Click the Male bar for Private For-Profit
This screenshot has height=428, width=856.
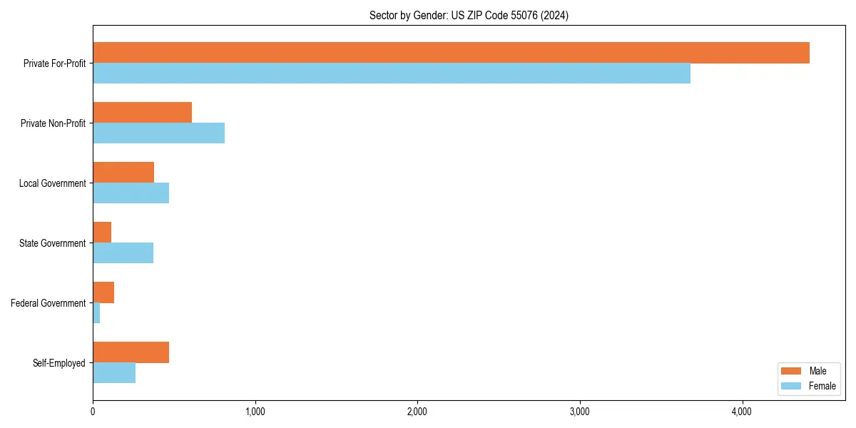pyautogui.click(x=451, y=53)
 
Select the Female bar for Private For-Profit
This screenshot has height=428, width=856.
pyautogui.click(x=392, y=73)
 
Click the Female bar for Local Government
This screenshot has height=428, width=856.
pyautogui.click(x=131, y=193)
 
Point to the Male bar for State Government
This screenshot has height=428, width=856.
pyautogui.click(x=102, y=233)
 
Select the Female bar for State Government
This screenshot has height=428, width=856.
pyautogui.click(x=123, y=253)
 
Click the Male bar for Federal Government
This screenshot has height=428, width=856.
pyautogui.click(x=103, y=292)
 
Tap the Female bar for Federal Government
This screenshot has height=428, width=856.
pyautogui.click(x=96, y=313)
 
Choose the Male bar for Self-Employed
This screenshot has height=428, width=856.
pyautogui.click(x=131, y=352)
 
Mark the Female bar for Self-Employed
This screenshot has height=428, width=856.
pyautogui.click(x=114, y=373)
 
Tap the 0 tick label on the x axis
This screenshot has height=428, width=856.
pyautogui.click(x=93, y=412)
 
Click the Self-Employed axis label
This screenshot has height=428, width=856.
pyautogui.click(x=58, y=363)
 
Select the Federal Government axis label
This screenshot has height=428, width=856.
pyautogui.click(x=49, y=303)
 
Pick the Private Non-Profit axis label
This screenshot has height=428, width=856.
pyautogui.click(x=53, y=123)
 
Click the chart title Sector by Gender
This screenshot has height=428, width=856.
pyautogui.click(x=469, y=15)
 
